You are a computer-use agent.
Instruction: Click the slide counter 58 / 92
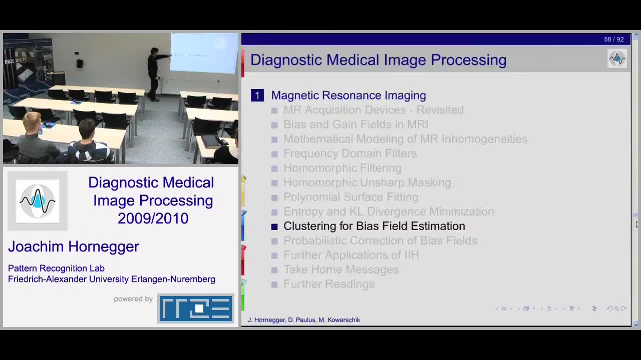click(613, 39)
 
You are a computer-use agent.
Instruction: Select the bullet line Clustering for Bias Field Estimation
click(374, 226)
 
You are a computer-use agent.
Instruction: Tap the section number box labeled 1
click(257, 95)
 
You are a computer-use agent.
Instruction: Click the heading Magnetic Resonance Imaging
click(349, 95)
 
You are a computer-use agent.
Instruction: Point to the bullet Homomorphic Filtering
click(342, 168)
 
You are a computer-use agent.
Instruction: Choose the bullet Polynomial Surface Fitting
click(351, 197)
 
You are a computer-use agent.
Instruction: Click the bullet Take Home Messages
click(341, 269)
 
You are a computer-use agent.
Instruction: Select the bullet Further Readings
click(329, 284)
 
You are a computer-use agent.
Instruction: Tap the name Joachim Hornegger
click(74, 246)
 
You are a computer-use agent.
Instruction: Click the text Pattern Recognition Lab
click(57, 268)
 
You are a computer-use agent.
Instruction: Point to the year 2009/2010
click(153, 218)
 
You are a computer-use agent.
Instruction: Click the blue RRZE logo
click(196, 308)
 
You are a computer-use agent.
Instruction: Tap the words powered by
click(133, 299)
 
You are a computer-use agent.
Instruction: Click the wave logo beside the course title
click(38, 201)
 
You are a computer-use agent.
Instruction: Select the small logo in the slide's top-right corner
click(617, 58)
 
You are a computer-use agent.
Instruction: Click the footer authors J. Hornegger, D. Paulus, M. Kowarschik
click(304, 319)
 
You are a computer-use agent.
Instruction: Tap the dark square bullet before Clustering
click(274, 226)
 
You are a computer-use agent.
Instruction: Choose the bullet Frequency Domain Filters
click(350, 153)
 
